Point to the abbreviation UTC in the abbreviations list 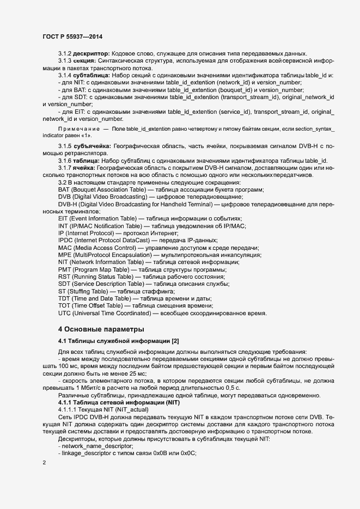tap(65, 313)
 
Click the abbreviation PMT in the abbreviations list tap(65, 269)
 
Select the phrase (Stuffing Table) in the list tap(90, 291)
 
